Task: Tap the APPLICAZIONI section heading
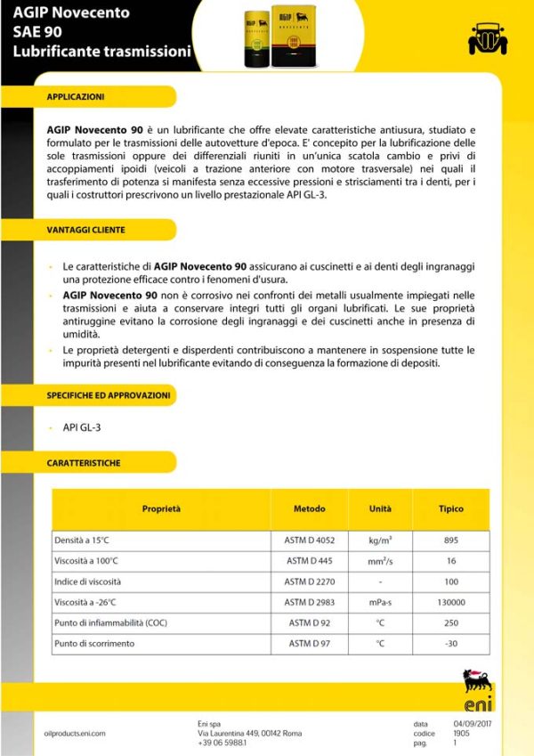point(76,95)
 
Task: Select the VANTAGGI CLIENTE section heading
point(85,230)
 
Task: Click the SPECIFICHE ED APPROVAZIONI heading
point(108,394)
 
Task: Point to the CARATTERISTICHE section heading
point(84,463)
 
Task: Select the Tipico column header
point(450,509)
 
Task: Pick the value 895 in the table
point(450,540)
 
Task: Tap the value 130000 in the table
point(450,602)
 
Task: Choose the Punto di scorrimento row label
point(94,643)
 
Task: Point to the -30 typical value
point(450,643)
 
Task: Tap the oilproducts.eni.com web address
point(75,733)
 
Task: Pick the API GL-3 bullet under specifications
point(81,427)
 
